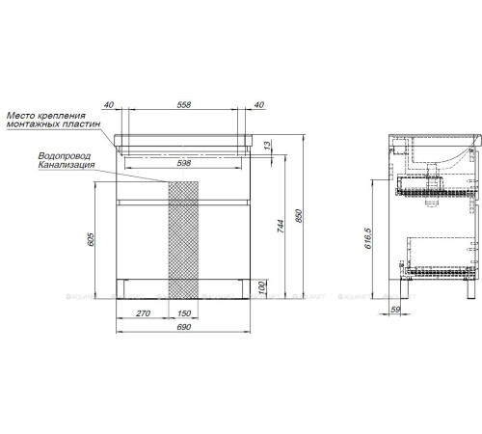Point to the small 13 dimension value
pos(267,145)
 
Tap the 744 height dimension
pos(282,221)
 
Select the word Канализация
pos(67,165)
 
